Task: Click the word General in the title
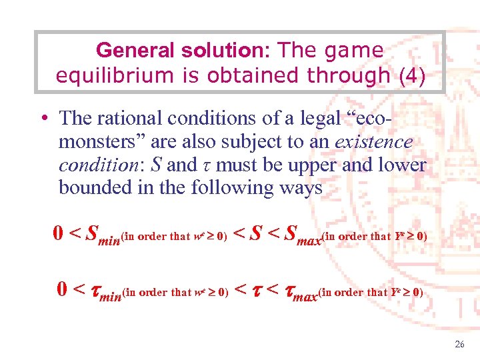[127, 50]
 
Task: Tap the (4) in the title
[410, 75]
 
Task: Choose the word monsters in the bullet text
[100, 141]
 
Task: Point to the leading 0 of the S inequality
[59, 233]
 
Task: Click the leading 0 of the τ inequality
[62, 289]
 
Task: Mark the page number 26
[459, 345]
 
